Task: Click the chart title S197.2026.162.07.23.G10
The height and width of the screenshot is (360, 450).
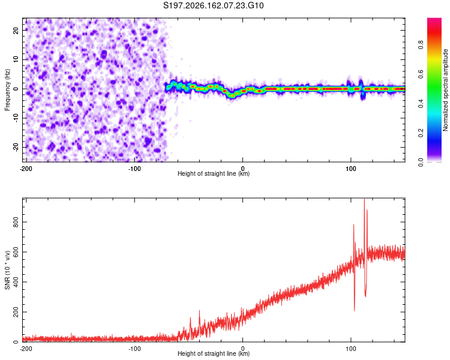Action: tap(213, 5)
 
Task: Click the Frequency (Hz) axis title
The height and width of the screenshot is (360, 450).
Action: tap(7, 90)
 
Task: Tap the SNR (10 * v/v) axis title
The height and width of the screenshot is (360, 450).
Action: tap(7, 270)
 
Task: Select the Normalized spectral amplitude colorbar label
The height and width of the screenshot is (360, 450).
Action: tap(445, 90)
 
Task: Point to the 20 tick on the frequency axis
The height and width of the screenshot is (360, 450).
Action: tap(16, 30)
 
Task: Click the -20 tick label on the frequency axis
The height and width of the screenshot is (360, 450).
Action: tap(16, 148)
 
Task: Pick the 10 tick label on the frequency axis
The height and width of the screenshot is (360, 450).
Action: tap(16, 59)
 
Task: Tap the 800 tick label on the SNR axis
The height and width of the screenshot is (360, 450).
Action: tap(16, 222)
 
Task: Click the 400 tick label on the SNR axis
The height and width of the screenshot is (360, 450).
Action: tap(16, 282)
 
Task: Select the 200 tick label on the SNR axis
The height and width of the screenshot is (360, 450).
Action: tap(16, 312)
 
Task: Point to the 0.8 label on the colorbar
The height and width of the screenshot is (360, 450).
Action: tap(421, 45)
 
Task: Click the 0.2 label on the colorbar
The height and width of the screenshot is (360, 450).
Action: tap(421, 133)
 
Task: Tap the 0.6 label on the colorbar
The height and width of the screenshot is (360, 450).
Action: tap(421, 74)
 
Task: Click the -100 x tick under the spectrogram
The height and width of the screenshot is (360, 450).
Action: tap(134, 169)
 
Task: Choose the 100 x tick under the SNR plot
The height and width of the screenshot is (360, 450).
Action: tap(351, 349)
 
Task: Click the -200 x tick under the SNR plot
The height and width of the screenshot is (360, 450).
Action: tap(26, 349)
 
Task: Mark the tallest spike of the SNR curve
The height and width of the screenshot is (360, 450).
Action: tap(364, 199)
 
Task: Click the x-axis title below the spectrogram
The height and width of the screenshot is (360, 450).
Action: tap(214, 173)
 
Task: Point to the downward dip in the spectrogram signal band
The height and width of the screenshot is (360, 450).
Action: tap(232, 94)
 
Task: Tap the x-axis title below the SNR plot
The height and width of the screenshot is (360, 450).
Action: tap(214, 353)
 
